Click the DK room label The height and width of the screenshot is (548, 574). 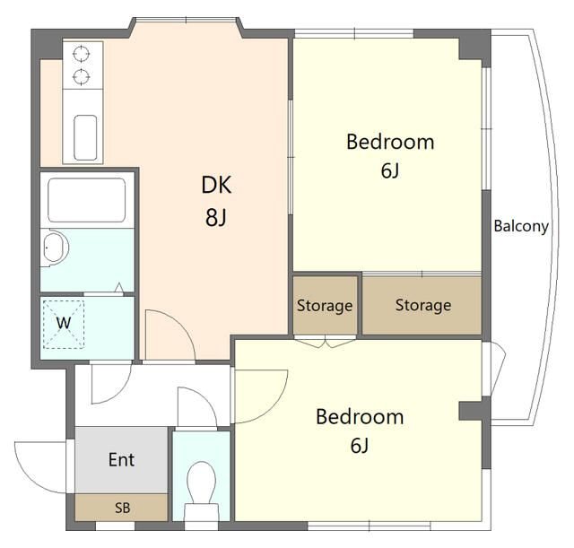pyautogui.click(x=216, y=185)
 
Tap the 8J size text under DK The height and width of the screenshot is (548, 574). pyautogui.click(x=216, y=217)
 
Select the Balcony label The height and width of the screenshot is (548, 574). pyautogui.click(x=521, y=226)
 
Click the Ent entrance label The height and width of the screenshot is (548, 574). pyautogui.click(x=122, y=459)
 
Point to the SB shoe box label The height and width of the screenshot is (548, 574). pyautogui.click(x=122, y=509)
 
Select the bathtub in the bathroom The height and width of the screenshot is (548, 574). pyautogui.click(x=86, y=200)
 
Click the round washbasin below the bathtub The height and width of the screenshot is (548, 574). pyautogui.click(x=55, y=248)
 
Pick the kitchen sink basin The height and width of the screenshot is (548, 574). pyautogui.click(x=85, y=137)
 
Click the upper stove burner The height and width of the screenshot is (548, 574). pyautogui.click(x=81, y=54)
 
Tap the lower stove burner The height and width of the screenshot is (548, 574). pyautogui.click(x=81, y=77)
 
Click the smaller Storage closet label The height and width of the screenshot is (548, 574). pyautogui.click(x=325, y=306)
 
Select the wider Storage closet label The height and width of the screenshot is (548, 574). pyautogui.click(x=423, y=306)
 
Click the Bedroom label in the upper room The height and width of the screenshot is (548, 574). pyautogui.click(x=390, y=142)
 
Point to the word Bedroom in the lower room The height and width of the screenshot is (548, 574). pyautogui.click(x=360, y=417)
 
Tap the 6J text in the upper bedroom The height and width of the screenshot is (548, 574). pyautogui.click(x=390, y=170)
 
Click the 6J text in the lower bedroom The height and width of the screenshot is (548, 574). pyautogui.click(x=360, y=446)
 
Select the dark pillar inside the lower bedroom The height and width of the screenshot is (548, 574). pyautogui.click(x=471, y=411)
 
